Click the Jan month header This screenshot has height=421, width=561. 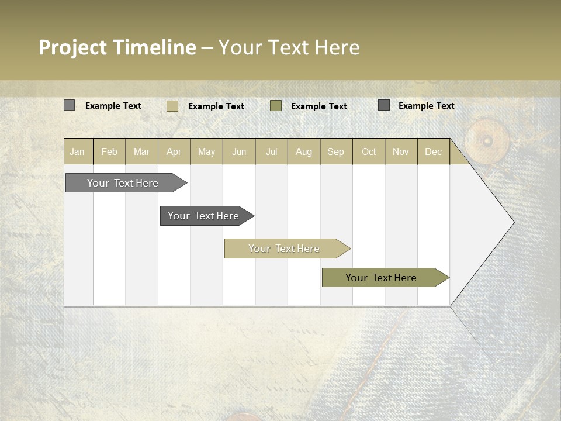point(77,151)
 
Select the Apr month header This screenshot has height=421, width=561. point(174,151)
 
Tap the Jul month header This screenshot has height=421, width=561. point(271,151)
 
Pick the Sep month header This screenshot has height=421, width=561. point(335,151)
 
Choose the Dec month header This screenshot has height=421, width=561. point(433,151)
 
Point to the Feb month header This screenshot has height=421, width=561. point(109,151)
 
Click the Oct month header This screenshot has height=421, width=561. point(369,151)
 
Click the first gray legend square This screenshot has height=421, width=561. point(69,105)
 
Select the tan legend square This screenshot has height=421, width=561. point(172,106)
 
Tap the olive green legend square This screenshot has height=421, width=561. point(276,106)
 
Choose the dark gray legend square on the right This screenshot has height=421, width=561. point(383,105)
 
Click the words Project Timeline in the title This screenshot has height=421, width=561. point(117,47)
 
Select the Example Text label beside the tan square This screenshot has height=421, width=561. point(216,106)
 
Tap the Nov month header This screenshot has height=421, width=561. point(400,151)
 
